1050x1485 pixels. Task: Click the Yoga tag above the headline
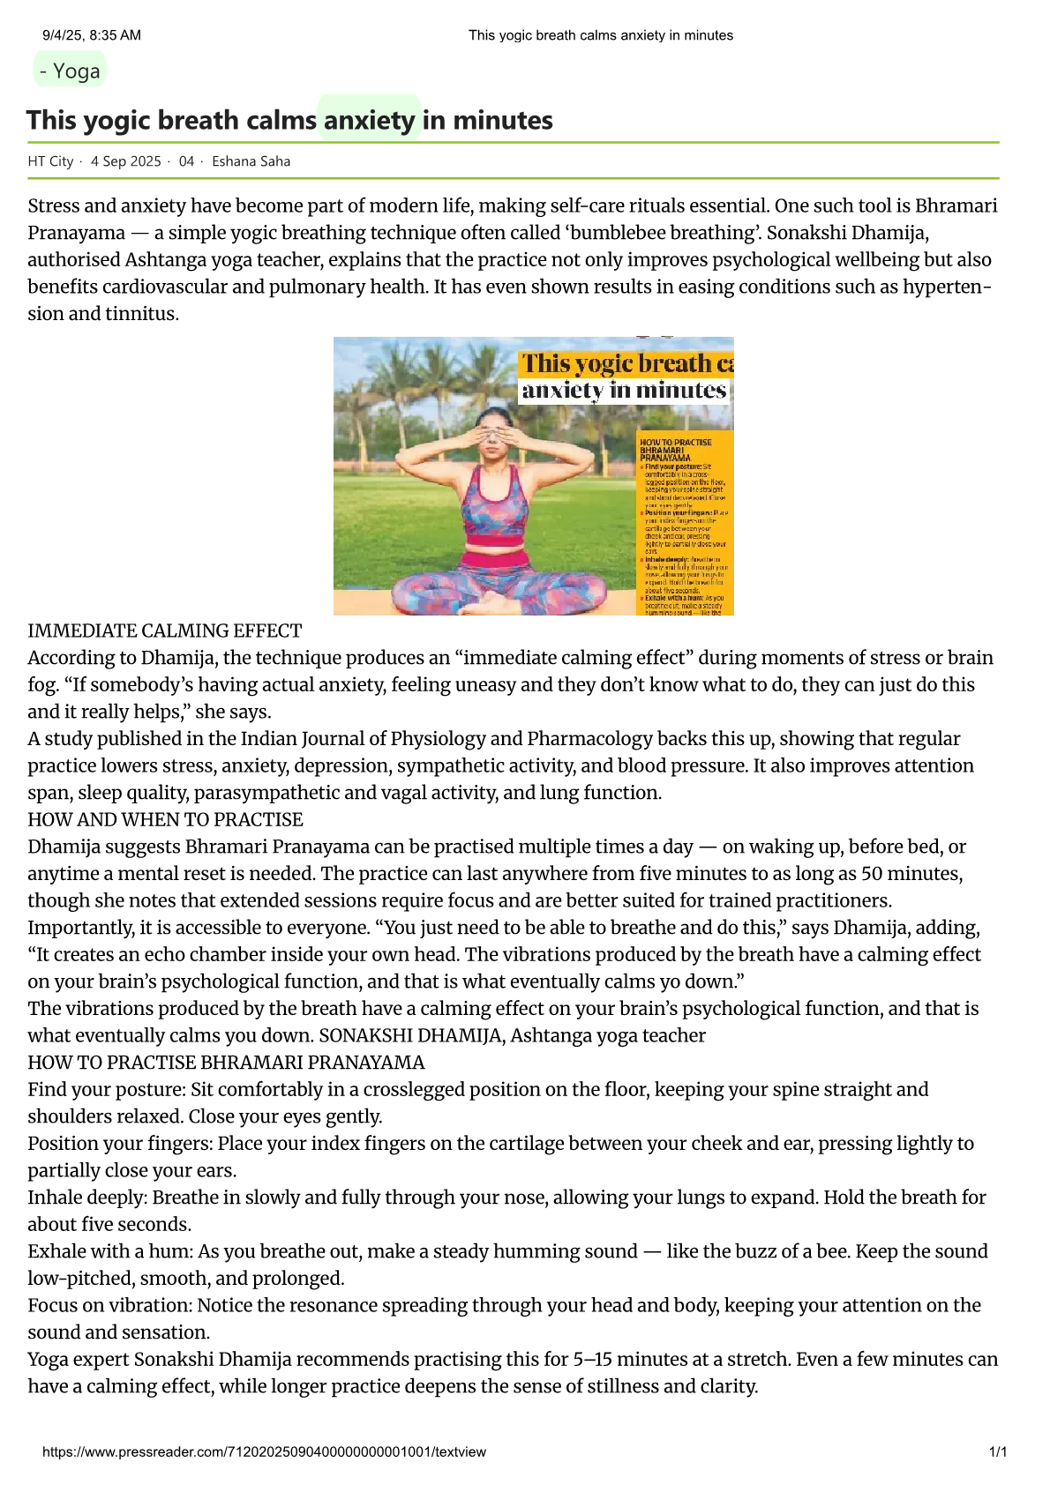(70, 71)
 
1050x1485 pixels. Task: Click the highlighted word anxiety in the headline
(369, 120)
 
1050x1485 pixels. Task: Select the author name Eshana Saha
(251, 161)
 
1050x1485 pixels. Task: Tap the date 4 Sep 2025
(126, 161)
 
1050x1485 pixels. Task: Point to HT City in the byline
(50, 161)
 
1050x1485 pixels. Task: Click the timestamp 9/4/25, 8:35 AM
(92, 35)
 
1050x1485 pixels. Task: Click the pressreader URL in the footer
(264, 1451)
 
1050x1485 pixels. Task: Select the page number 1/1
(998, 1451)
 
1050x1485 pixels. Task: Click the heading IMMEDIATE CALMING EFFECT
(165, 631)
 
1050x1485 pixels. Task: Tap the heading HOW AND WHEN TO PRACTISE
(165, 820)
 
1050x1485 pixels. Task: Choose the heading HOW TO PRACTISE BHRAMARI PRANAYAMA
(226, 1063)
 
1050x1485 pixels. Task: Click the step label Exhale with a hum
(109, 1251)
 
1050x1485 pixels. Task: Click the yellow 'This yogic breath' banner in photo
(626, 363)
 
